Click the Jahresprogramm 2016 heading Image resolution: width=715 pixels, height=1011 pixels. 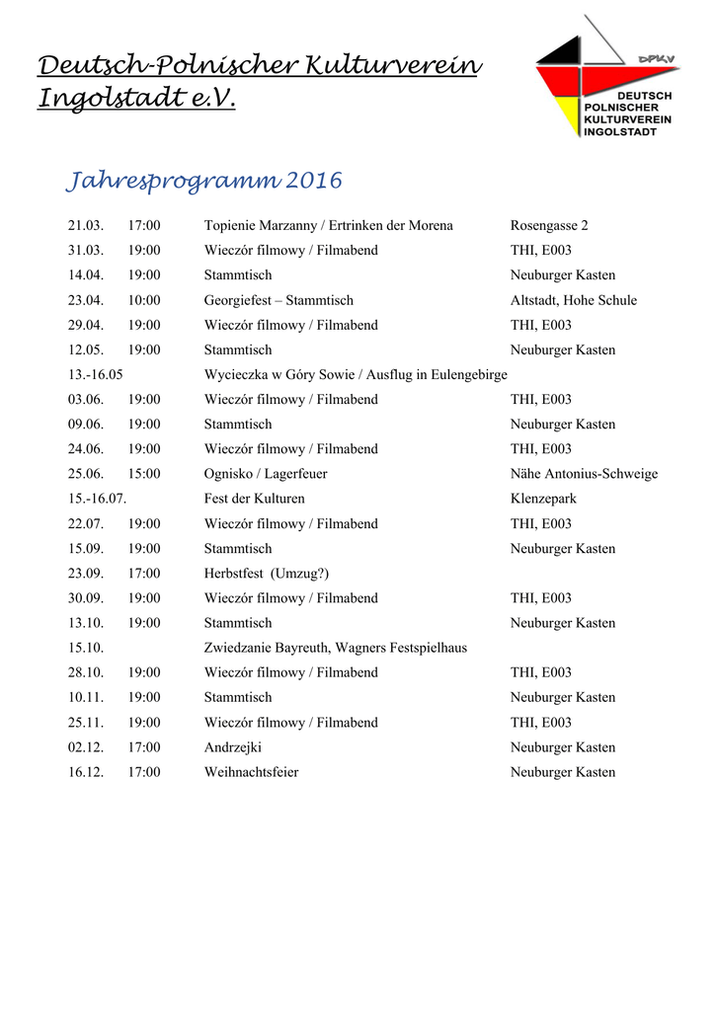tap(203, 182)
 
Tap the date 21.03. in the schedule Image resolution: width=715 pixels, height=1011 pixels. tap(86, 226)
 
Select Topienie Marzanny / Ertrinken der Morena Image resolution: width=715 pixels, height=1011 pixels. tap(328, 226)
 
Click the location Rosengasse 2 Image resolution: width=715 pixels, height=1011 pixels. tap(549, 226)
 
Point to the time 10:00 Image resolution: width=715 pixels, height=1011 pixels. tap(144, 300)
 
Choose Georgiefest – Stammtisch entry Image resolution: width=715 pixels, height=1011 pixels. tap(278, 300)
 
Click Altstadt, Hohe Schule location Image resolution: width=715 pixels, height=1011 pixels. tap(573, 300)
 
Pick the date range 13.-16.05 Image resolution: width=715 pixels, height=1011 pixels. tap(96, 375)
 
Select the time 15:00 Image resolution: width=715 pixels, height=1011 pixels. tap(144, 474)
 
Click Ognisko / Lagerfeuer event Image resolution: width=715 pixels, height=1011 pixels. tap(266, 474)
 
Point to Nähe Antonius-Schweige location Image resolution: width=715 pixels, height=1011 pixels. tap(584, 474)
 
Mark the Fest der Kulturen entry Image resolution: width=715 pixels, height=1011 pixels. tap(254, 499)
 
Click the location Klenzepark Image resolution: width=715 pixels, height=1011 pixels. tap(543, 499)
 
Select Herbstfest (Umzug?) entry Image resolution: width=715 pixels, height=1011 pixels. tap(267, 574)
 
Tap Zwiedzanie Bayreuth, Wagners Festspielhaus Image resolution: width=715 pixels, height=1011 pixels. tap(335, 648)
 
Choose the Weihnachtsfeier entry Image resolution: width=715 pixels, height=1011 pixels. tap(251, 772)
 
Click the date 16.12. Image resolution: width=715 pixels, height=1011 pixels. tap(86, 772)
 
